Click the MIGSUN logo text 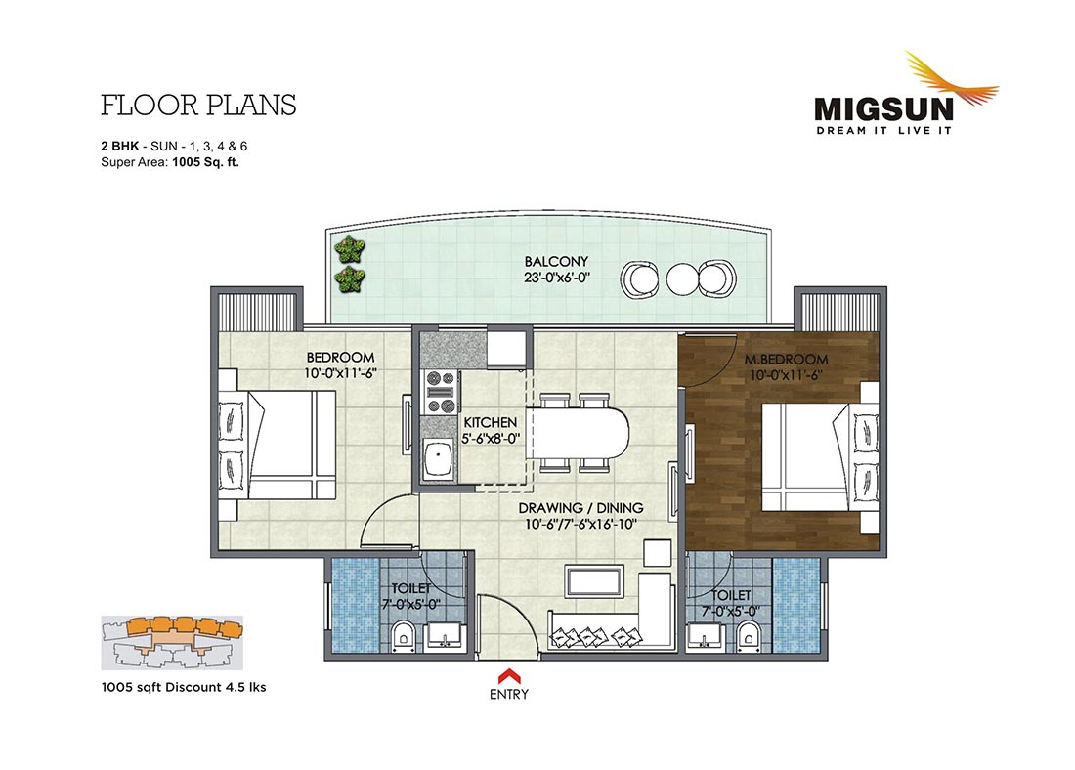tap(883, 109)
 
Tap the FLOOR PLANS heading tap(198, 106)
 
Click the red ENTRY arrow tap(509, 675)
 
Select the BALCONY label tap(556, 261)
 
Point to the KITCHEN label tap(491, 422)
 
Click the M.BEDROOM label tap(787, 360)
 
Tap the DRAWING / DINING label tap(580, 508)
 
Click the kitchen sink tap(438, 460)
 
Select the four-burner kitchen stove tap(442, 392)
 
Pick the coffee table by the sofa tap(594, 581)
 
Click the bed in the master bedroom tap(820, 456)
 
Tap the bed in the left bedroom tap(277, 445)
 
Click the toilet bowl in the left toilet tap(404, 636)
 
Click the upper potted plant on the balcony tap(350, 249)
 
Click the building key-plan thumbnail tap(172, 642)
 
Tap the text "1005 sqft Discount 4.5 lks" tap(184, 687)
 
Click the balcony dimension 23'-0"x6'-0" tap(556, 278)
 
